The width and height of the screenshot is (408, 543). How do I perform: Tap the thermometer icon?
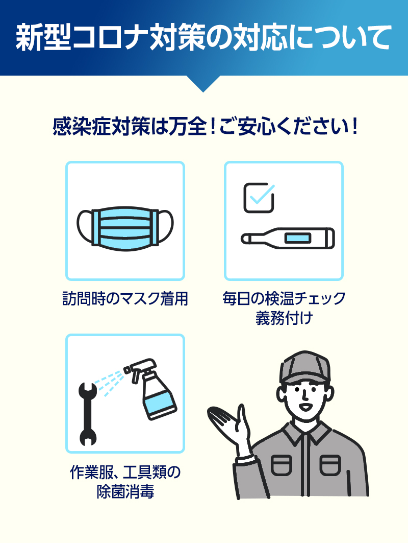[x=288, y=239]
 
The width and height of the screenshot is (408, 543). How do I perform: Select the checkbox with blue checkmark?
[x=259, y=198]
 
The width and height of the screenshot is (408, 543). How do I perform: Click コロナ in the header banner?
[x=107, y=39]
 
